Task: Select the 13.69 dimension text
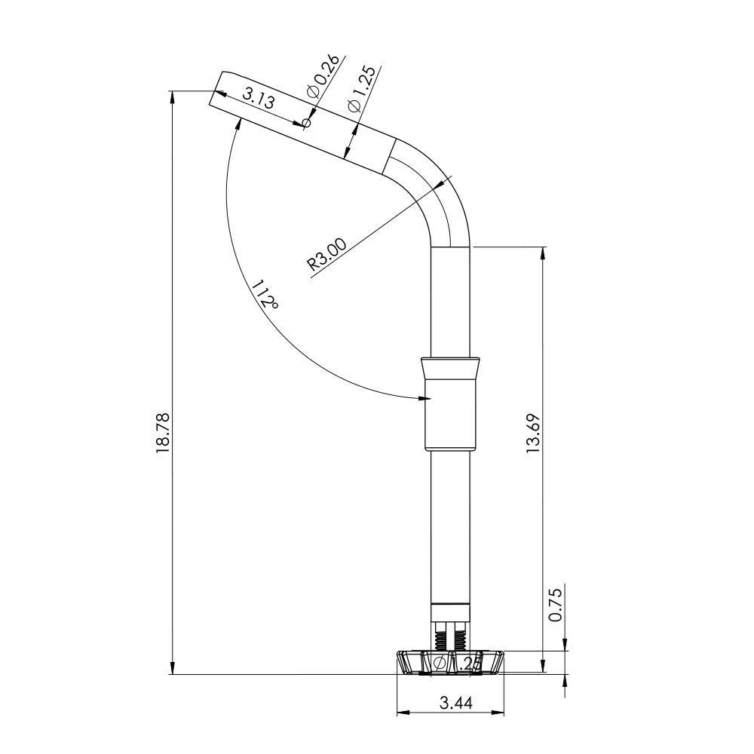(x=533, y=432)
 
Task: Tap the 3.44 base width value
(x=455, y=703)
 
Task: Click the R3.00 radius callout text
(x=327, y=254)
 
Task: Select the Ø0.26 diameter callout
(x=323, y=78)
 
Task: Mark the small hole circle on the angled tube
(x=306, y=122)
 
